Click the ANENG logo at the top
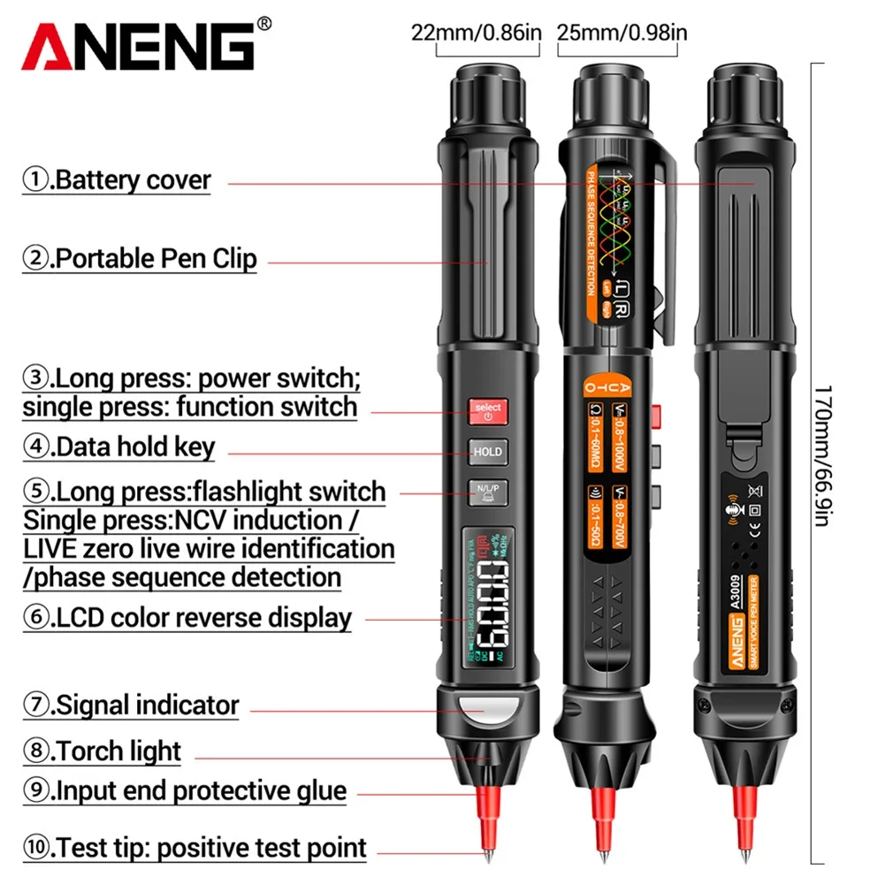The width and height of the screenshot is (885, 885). click(x=137, y=46)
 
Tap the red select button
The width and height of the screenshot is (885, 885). click(x=487, y=409)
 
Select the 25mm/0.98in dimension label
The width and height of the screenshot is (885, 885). click(x=622, y=33)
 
